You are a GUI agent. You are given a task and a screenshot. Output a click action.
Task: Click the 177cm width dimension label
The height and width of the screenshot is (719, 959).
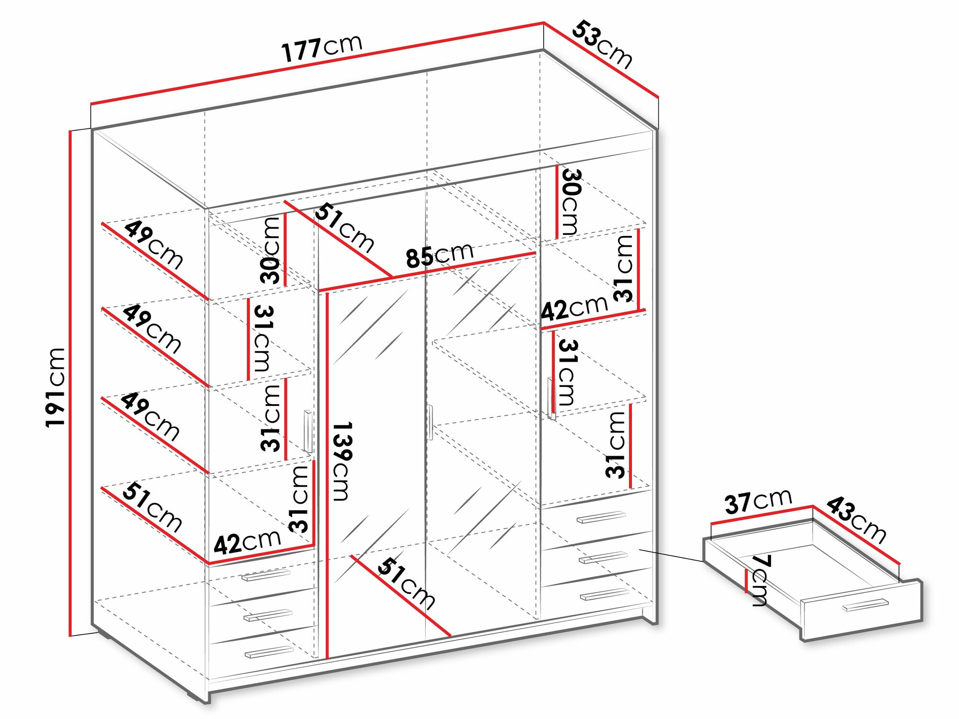coord(321,48)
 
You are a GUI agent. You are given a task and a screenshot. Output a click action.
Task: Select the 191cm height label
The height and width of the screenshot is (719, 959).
coord(56,387)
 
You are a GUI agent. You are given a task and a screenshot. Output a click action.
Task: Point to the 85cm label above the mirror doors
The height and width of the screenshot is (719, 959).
coord(439,255)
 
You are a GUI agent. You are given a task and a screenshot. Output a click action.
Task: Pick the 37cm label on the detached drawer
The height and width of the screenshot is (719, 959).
coord(758,501)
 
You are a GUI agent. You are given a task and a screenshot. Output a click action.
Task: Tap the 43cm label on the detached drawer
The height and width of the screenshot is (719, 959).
coord(856,519)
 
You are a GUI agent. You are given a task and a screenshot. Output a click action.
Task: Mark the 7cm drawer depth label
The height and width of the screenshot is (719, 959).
coord(760,580)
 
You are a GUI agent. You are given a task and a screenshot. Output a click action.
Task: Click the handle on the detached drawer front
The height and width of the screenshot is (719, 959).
coord(865,605)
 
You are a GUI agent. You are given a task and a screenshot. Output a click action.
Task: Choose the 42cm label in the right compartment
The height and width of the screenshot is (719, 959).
coord(574,308)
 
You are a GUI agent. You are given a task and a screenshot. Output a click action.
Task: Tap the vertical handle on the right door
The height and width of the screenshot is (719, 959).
coord(551,398)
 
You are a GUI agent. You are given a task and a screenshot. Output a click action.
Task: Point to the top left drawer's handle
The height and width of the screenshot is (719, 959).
coord(266,574)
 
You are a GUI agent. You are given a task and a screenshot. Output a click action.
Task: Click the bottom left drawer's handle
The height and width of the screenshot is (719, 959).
coord(269,652)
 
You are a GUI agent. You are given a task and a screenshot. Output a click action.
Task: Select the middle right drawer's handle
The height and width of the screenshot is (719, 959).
coord(603,557)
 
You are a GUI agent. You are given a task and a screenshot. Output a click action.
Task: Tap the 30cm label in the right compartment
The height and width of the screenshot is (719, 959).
coord(571,201)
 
